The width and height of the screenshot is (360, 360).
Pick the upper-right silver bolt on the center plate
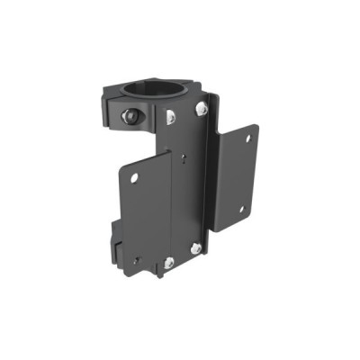pyautogui.click(x=202, y=108)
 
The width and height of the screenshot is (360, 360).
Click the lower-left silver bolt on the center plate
pyautogui.click(x=168, y=262)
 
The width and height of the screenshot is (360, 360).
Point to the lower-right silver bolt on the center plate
pyautogui.click(x=196, y=247)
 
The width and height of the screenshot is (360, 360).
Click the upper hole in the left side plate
pyautogui.click(x=133, y=177)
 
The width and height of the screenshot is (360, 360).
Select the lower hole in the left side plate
pyautogui.click(x=134, y=261)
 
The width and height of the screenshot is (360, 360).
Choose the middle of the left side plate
pyautogui.click(x=147, y=216)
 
